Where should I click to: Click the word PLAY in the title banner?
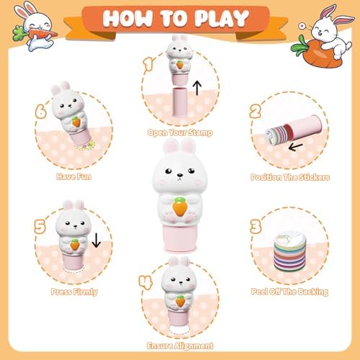point(222,18)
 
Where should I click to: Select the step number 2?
point(256,111)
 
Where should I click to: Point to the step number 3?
point(256,227)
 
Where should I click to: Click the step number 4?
point(145,282)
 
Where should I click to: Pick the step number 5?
point(40,227)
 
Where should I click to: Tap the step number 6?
point(40,111)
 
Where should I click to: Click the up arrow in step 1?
point(197,88)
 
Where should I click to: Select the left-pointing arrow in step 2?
point(295,147)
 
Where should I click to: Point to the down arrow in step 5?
point(96,240)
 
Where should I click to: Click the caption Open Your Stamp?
point(180,132)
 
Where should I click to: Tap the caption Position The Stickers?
point(290,177)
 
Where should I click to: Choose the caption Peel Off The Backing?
point(289,292)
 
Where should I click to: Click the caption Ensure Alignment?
point(180,346)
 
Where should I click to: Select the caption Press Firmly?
point(74,292)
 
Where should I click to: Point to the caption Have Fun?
point(74,176)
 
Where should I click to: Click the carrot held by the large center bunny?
point(180,207)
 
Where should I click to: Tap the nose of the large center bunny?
point(180,176)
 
